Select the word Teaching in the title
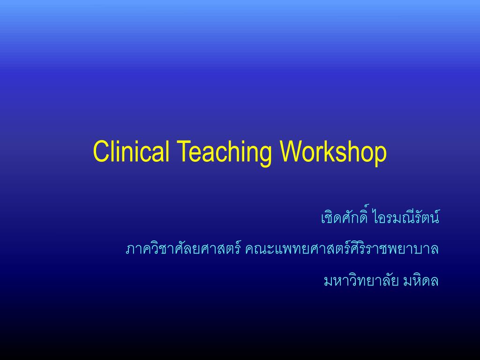click(x=225, y=152)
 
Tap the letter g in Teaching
click(x=266, y=155)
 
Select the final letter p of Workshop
click(x=381, y=155)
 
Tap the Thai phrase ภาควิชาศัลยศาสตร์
click(x=183, y=248)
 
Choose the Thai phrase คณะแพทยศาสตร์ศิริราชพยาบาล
click(x=342, y=248)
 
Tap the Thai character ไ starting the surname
click(x=375, y=217)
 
